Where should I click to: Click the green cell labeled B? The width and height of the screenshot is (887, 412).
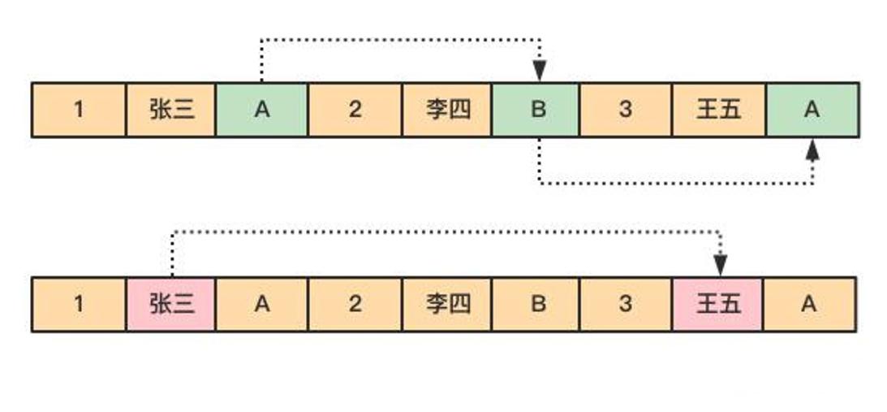click(537, 110)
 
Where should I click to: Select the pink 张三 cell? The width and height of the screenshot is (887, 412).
click(171, 304)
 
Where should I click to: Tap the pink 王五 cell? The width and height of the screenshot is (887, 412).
click(717, 304)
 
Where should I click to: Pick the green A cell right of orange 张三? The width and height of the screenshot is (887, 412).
click(261, 110)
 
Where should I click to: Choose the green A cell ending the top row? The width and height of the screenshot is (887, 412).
click(812, 110)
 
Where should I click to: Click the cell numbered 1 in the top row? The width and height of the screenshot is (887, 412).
click(79, 110)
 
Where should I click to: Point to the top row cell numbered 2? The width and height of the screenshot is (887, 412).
click(355, 110)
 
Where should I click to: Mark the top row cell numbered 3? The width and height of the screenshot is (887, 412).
click(625, 110)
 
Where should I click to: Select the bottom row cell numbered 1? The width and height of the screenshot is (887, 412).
click(79, 304)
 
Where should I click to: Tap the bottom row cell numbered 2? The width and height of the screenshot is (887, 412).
click(355, 304)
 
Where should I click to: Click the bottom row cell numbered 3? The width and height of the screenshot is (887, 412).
click(625, 304)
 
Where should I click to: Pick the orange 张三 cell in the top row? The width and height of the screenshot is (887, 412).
click(171, 110)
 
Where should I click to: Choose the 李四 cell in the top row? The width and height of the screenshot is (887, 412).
click(448, 110)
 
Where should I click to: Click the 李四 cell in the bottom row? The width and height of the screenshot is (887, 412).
click(448, 304)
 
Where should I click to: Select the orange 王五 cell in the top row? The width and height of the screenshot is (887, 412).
click(718, 110)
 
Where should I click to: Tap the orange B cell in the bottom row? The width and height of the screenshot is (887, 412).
click(537, 304)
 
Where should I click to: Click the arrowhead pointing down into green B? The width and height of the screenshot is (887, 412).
click(540, 72)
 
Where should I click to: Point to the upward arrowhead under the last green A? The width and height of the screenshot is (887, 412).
click(812, 150)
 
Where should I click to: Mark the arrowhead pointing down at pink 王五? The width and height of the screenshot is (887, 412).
click(720, 265)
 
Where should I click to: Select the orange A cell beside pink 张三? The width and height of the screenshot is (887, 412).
click(261, 304)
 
